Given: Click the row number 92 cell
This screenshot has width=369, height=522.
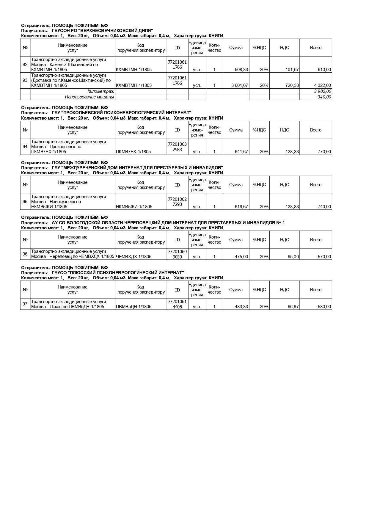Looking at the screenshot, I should tap(25, 65).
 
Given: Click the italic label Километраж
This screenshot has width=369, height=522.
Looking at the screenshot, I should tap(101, 91).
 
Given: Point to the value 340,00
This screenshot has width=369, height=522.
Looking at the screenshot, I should tap(324, 97).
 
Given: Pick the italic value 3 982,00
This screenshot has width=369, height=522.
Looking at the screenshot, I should tap(322, 91).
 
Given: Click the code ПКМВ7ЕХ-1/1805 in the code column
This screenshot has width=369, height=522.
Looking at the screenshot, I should tap(133, 152).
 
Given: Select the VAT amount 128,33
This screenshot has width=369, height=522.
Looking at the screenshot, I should tap(292, 152).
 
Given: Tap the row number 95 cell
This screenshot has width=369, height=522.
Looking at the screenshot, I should tap(25, 202).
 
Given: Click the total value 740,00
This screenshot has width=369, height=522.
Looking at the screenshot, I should tap(324, 207).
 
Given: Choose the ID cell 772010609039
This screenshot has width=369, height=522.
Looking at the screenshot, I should tap(177, 254).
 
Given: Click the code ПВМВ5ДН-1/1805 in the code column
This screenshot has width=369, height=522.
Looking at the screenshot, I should tap(134, 307).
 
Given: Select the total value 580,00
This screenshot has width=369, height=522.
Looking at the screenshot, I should tap(324, 307).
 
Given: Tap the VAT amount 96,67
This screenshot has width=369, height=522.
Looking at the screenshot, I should tap(293, 307).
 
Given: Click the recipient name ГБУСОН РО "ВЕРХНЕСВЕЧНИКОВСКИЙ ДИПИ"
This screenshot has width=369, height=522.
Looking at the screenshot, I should tap(102, 31).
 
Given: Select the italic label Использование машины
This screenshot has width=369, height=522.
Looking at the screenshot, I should tap(89, 97).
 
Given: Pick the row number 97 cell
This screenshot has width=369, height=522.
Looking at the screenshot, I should tap(25, 304).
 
